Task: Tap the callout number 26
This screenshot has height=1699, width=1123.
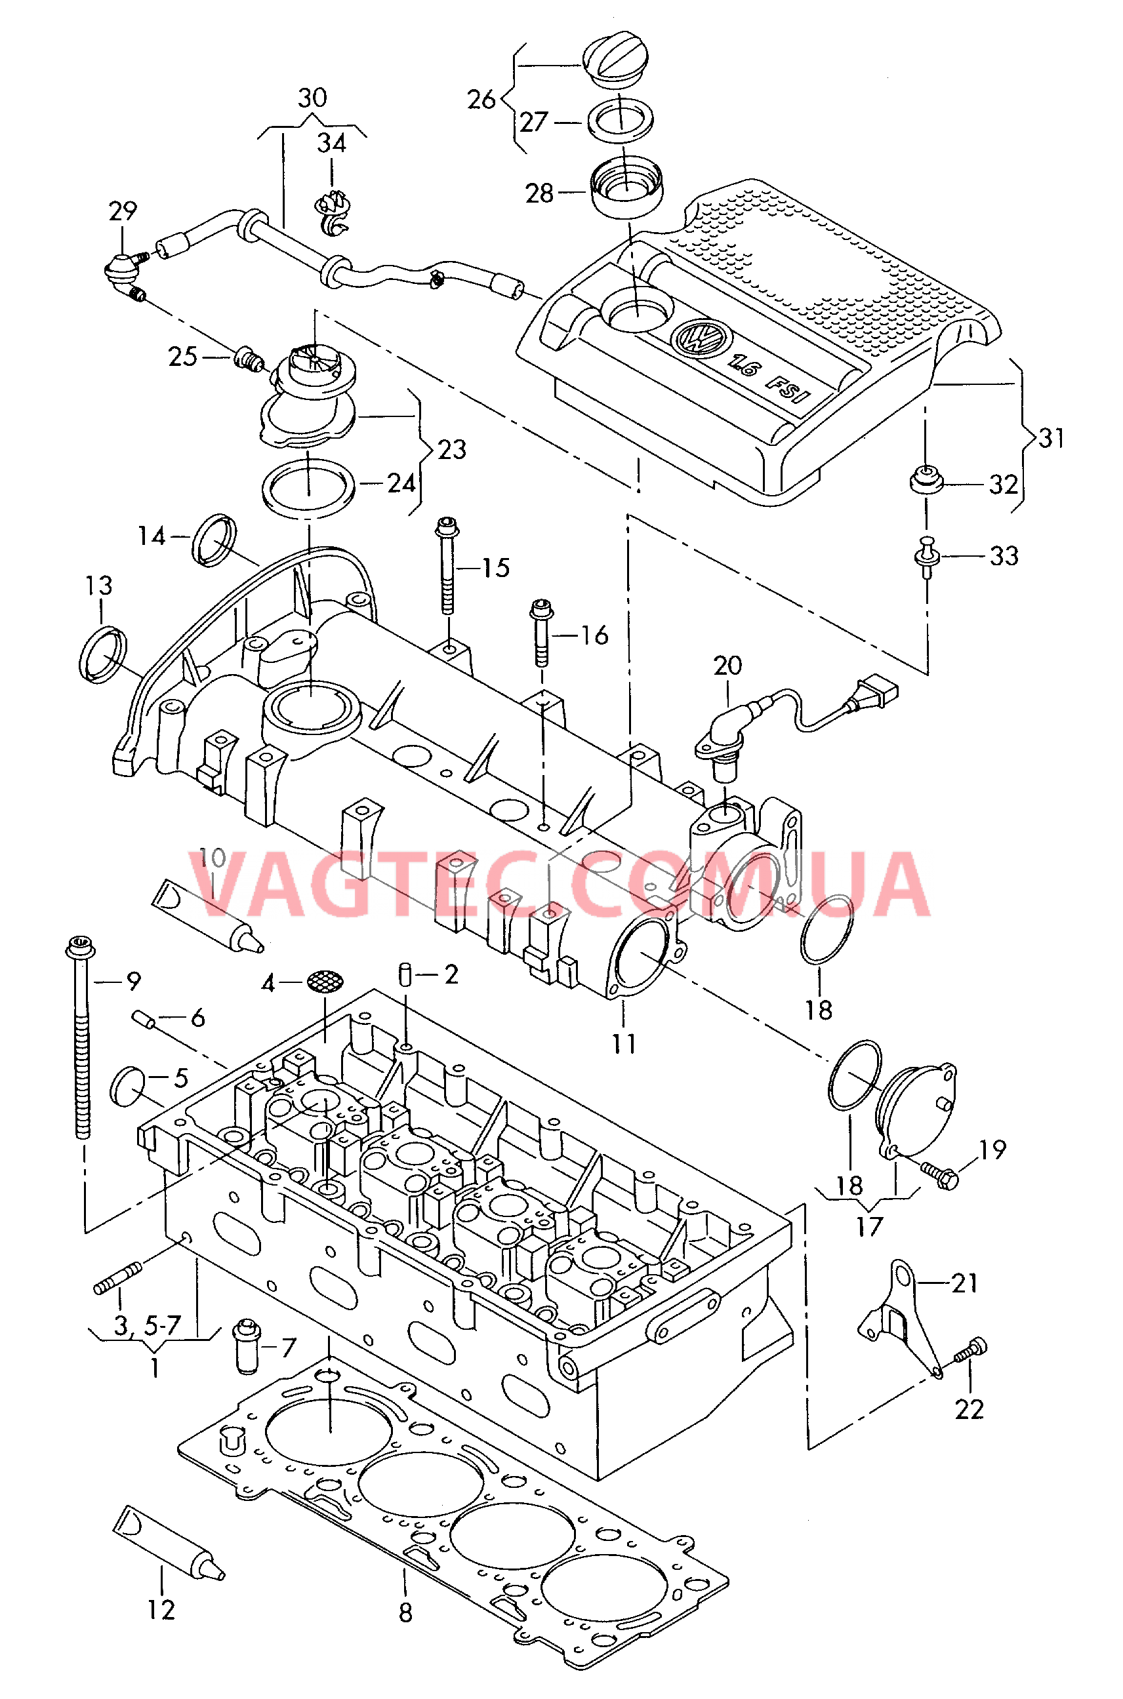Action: [481, 100]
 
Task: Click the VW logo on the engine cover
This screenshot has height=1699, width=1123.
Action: [699, 336]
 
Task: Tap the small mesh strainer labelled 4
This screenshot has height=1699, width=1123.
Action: [325, 982]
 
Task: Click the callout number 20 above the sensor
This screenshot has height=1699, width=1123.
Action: [727, 666]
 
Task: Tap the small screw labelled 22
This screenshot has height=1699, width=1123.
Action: [970, 1350]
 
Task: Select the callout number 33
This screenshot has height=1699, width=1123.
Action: [1004, 555]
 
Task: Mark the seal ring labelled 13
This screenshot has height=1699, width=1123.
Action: [102, 654]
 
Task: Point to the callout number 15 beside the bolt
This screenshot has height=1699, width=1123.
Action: [496, 568]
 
